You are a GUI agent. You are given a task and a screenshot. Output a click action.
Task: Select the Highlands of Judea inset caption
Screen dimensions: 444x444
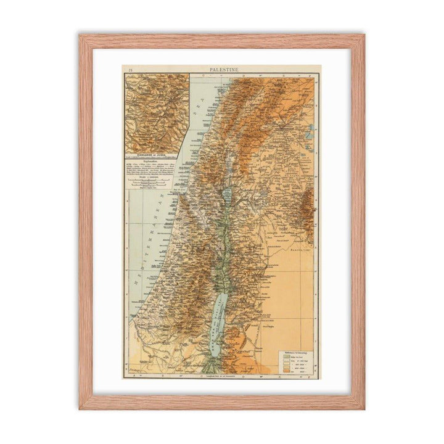(155, 154)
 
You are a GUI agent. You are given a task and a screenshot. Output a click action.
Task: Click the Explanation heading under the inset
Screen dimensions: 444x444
(155, 161)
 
